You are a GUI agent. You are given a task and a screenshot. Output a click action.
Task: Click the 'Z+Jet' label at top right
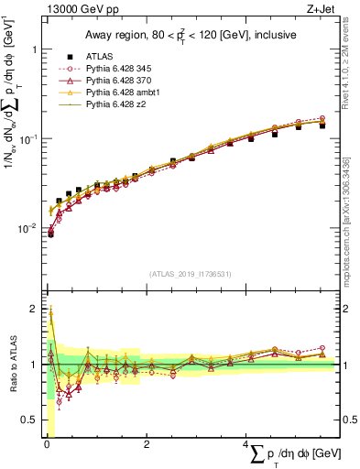322,10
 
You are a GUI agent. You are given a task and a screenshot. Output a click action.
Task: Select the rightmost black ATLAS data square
322,125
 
